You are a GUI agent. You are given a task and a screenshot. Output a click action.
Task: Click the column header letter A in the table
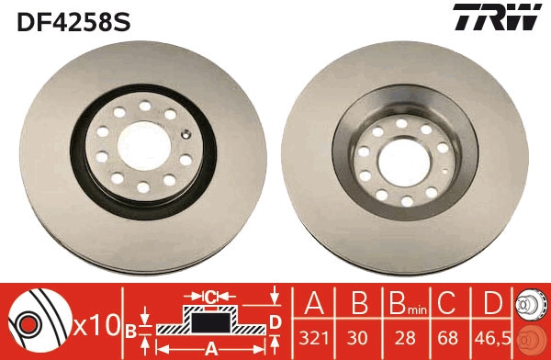(314, 303)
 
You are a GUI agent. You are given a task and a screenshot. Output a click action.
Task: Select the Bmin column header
(401, 304)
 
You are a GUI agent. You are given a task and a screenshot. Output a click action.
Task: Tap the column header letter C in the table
(446, 303)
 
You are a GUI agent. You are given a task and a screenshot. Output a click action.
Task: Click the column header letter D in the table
(492, 303)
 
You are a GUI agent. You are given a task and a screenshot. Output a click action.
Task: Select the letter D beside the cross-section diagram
(274, 321)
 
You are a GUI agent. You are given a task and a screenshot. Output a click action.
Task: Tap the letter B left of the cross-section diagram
(130, 330)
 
